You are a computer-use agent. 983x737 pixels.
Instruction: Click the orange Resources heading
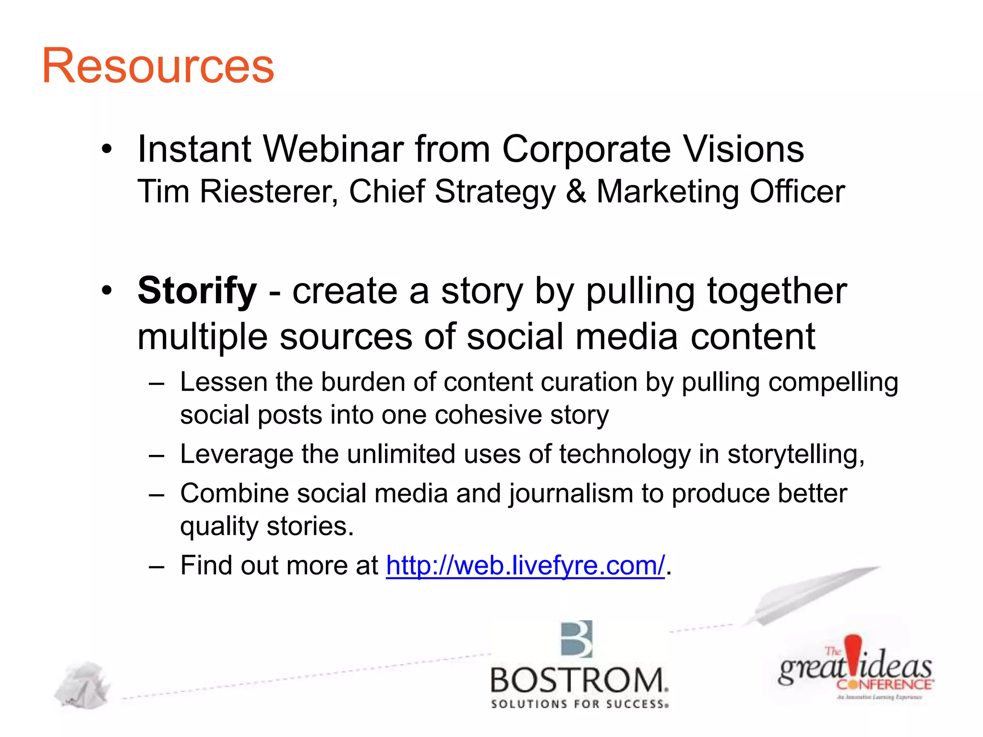coord(158,66)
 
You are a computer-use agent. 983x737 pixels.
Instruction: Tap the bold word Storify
coord(197,291)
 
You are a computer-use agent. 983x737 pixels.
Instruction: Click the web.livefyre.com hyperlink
coord(525,565)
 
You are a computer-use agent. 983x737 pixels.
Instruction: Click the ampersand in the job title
coord(576,191)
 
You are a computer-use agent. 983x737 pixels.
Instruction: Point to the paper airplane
coord(811,595)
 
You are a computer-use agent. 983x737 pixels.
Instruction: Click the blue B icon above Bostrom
coord(576,639)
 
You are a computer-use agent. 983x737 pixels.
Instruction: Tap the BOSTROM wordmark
coord(578,680)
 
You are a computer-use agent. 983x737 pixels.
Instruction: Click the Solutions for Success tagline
coord(579,704)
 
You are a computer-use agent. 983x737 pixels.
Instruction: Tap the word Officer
coord(797,191)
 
